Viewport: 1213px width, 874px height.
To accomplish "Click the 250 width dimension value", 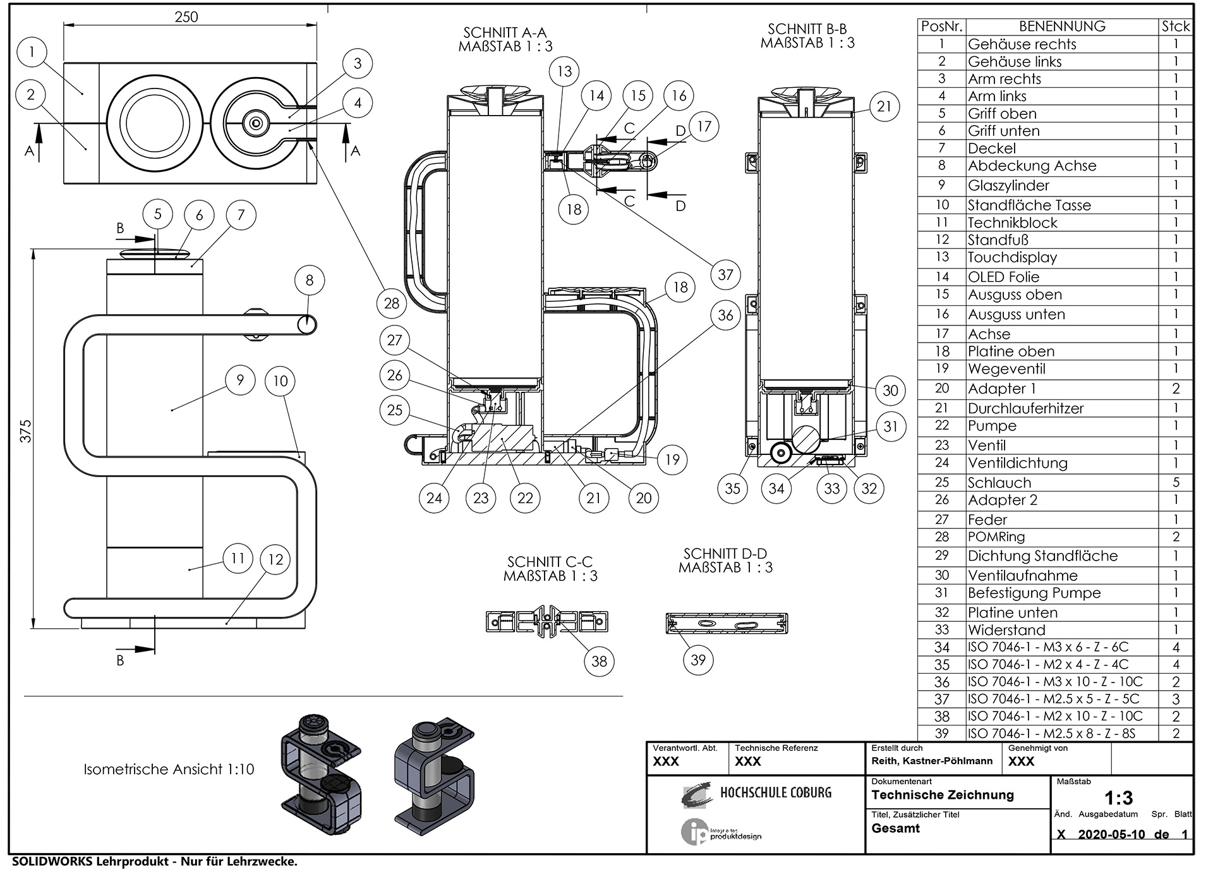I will [x=186, y=17].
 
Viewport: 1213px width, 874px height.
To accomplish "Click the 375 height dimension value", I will [x=25, y=431].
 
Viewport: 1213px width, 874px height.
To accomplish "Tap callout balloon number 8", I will [x=310, y=281].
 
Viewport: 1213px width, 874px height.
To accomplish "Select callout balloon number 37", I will [x=725, y=275].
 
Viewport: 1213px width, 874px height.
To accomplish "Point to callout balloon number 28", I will [x=392, y=303].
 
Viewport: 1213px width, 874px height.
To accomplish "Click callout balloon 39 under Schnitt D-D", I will [x=698, y=660].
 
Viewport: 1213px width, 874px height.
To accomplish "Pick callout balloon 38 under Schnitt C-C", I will [x=599, y=662].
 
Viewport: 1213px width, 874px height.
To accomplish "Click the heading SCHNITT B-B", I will [x=807, y=29].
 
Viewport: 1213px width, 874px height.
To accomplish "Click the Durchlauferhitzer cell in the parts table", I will [x=1025, y=408].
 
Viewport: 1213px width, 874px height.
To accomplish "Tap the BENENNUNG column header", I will [x=1062, y=27].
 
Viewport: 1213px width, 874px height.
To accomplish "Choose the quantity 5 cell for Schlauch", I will [x=1176, y=483].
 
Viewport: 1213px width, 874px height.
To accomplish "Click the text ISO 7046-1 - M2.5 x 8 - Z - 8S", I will [x=1051, y=734].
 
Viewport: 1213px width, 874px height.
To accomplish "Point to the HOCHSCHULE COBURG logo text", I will [x=776, y=792].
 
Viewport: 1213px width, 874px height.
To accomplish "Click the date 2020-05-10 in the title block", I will [x=1111, y=834].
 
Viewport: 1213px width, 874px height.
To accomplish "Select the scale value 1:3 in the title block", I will [x=1118, y=798].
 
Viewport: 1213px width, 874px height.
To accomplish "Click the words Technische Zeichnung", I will [x=943, y=795].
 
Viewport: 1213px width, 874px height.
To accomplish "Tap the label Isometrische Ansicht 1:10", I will [x=169, y=770].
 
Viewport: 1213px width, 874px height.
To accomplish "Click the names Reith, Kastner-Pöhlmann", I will [x=932, y=762].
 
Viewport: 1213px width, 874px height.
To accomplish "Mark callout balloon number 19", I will [x=672, y=459].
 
